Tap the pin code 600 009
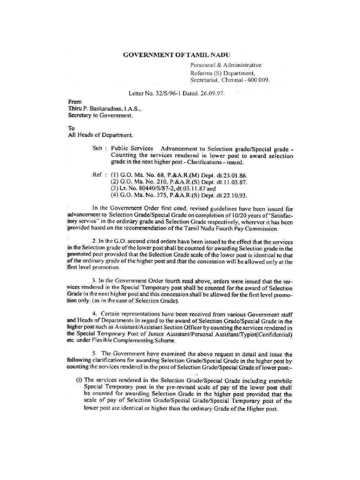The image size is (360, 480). pyautogui.click(x=258, y=80)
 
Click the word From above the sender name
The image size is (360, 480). pyautogui.click(x=75, y=101)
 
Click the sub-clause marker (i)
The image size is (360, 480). pyautogui.click(x=79, y=380)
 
